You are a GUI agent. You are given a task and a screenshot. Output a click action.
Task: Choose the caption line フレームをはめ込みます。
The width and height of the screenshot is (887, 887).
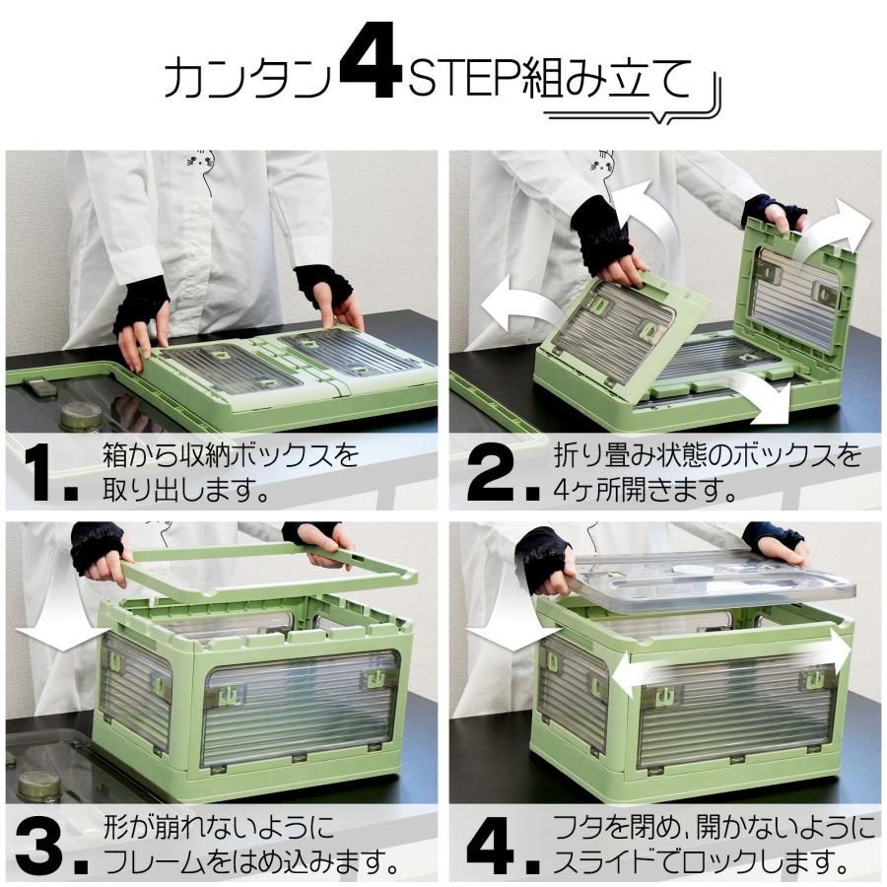(251, 863)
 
